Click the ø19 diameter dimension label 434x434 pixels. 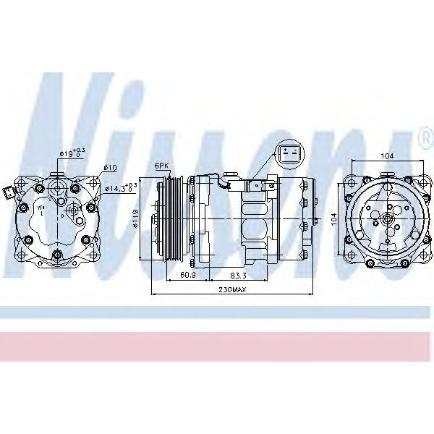[70, 153]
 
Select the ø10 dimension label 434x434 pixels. [110, 168]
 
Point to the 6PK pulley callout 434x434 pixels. [161, 166]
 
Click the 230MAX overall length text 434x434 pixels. [230, 291]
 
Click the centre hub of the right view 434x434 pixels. [388, 217]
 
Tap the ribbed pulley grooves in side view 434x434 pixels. [172, 217]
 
